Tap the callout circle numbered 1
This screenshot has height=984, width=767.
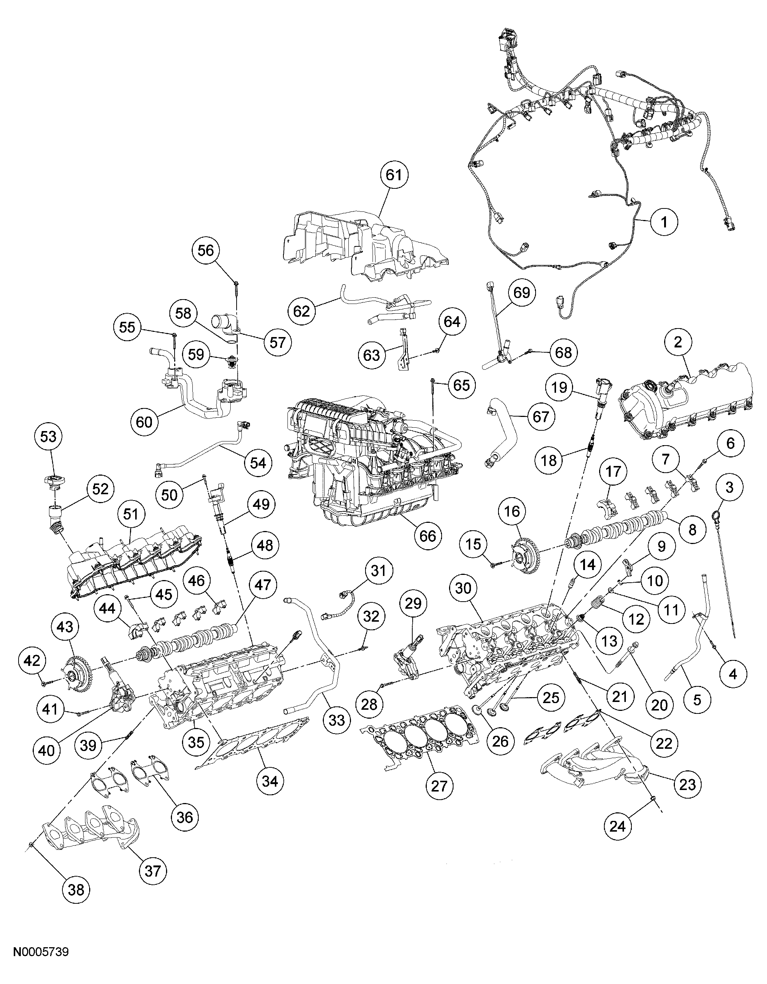(663, 222)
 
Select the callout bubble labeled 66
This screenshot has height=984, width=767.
(428, 536)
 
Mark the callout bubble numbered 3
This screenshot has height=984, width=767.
(729, 488)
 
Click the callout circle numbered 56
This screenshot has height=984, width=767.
(206, 250)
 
